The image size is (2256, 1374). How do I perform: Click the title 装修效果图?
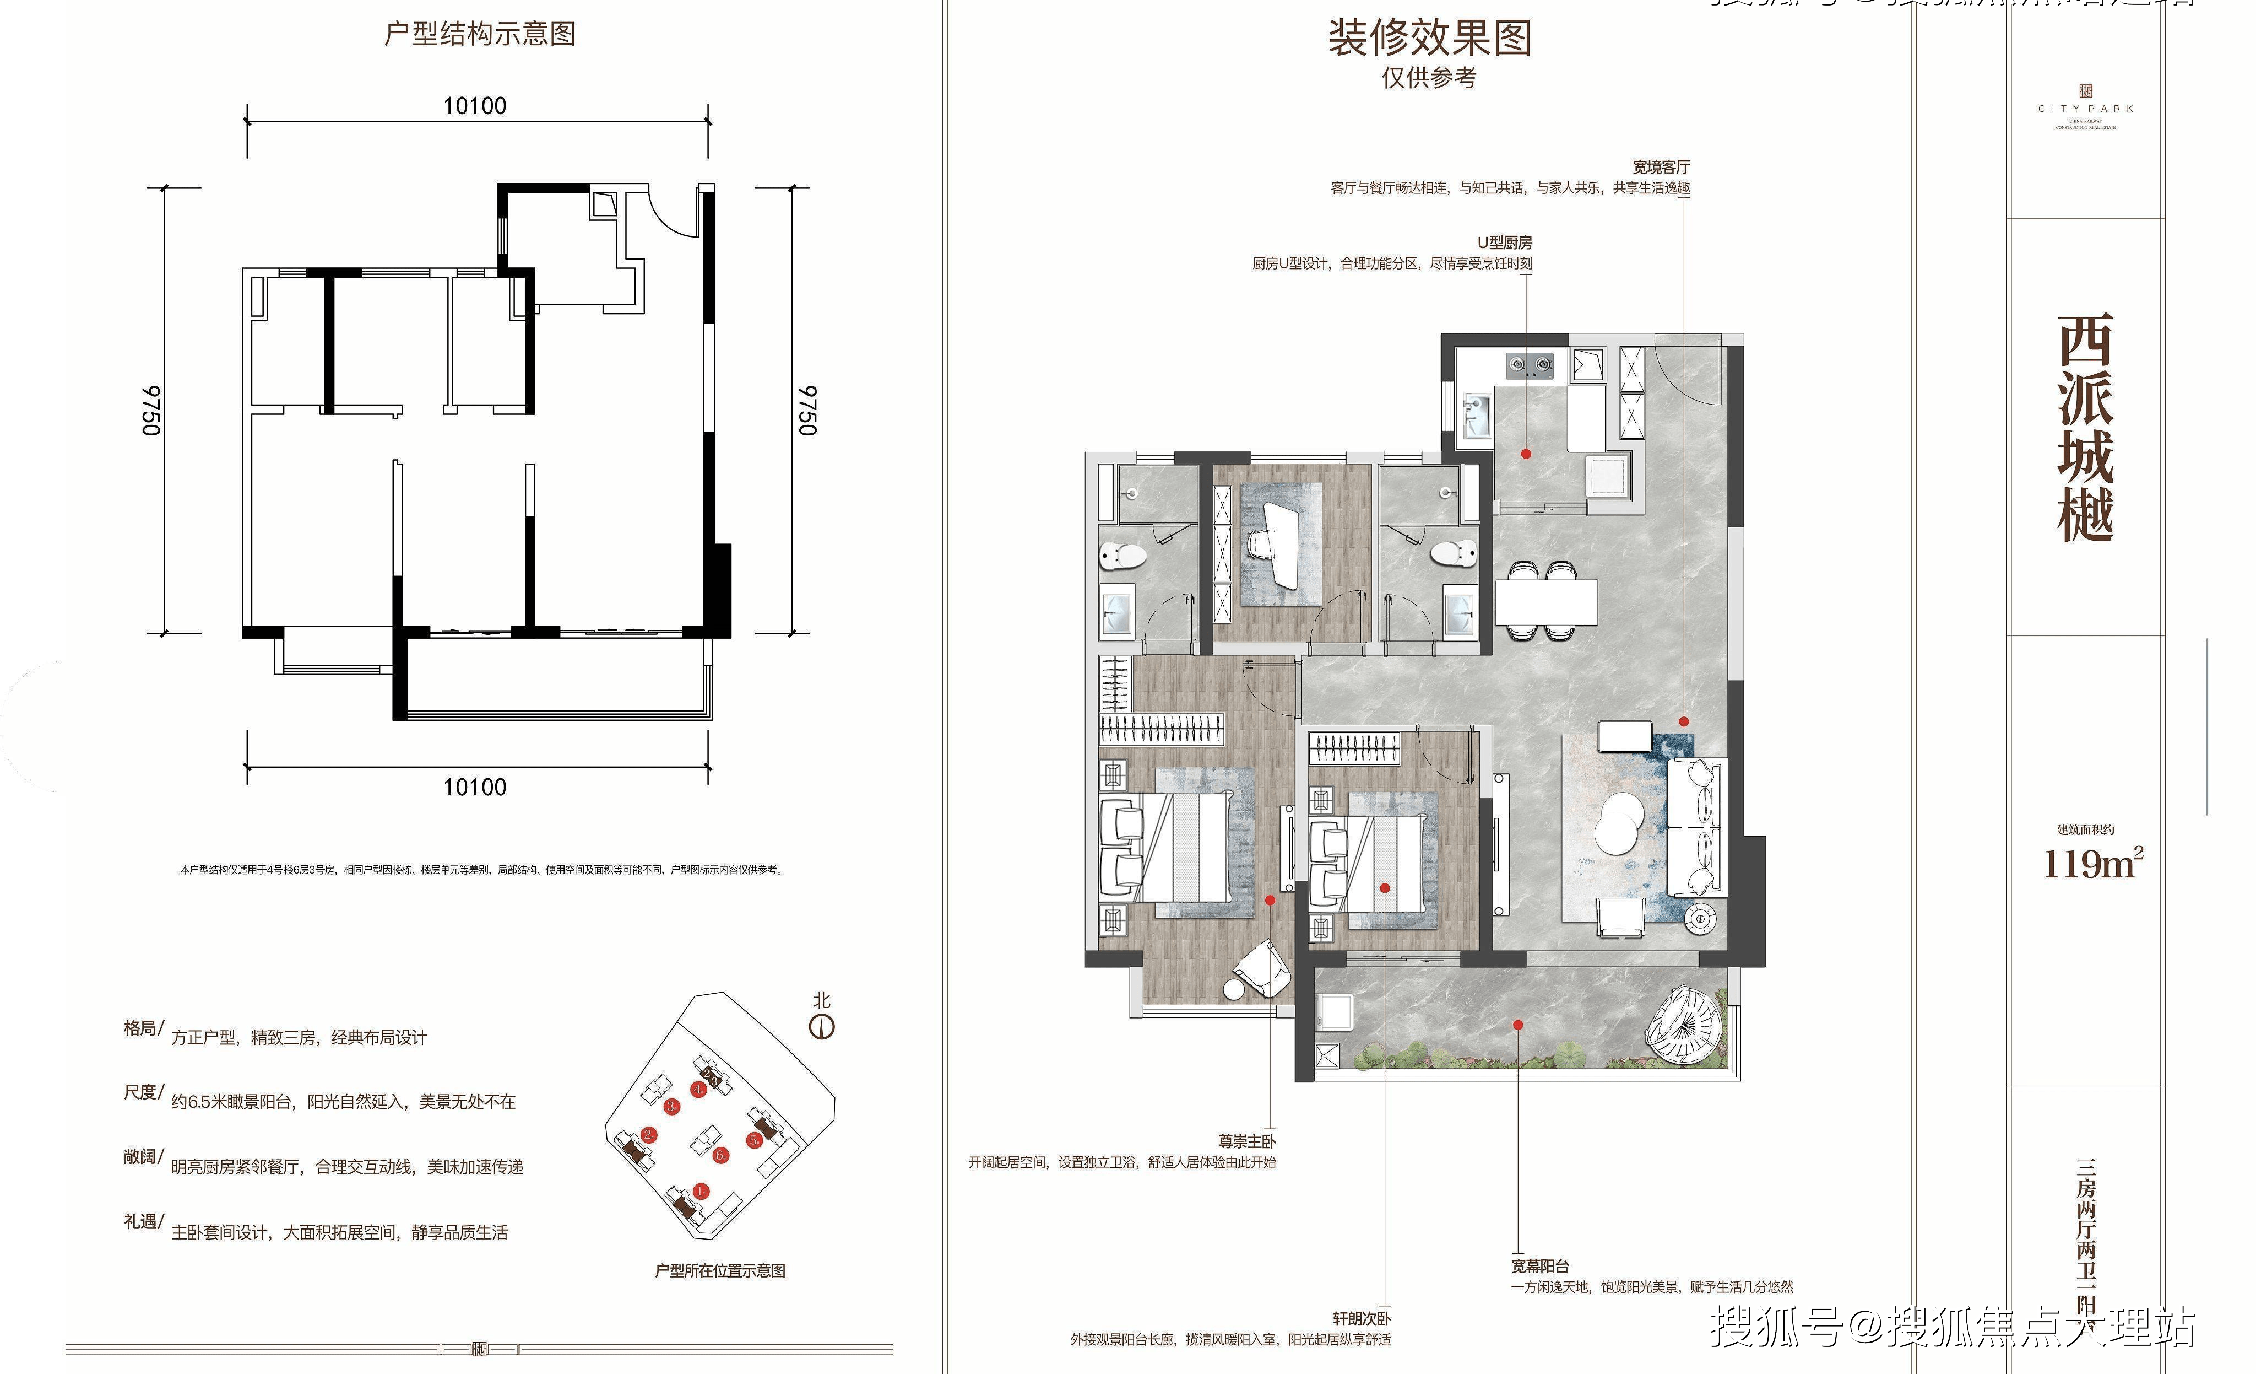pos(1429,39)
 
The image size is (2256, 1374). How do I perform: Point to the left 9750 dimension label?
pos(152,411)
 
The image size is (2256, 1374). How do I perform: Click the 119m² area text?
pos(2092,864)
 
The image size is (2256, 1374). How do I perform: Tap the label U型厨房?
pos(1504,243)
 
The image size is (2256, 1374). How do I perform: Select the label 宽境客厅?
pos(1661,166)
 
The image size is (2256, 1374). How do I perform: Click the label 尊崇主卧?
pos(1246,1141)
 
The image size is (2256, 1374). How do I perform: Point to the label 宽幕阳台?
pos(1540,1266)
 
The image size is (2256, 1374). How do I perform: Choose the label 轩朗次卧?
pos(1362,1318)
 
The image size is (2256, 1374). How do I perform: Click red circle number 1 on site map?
pos(701,1191)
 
